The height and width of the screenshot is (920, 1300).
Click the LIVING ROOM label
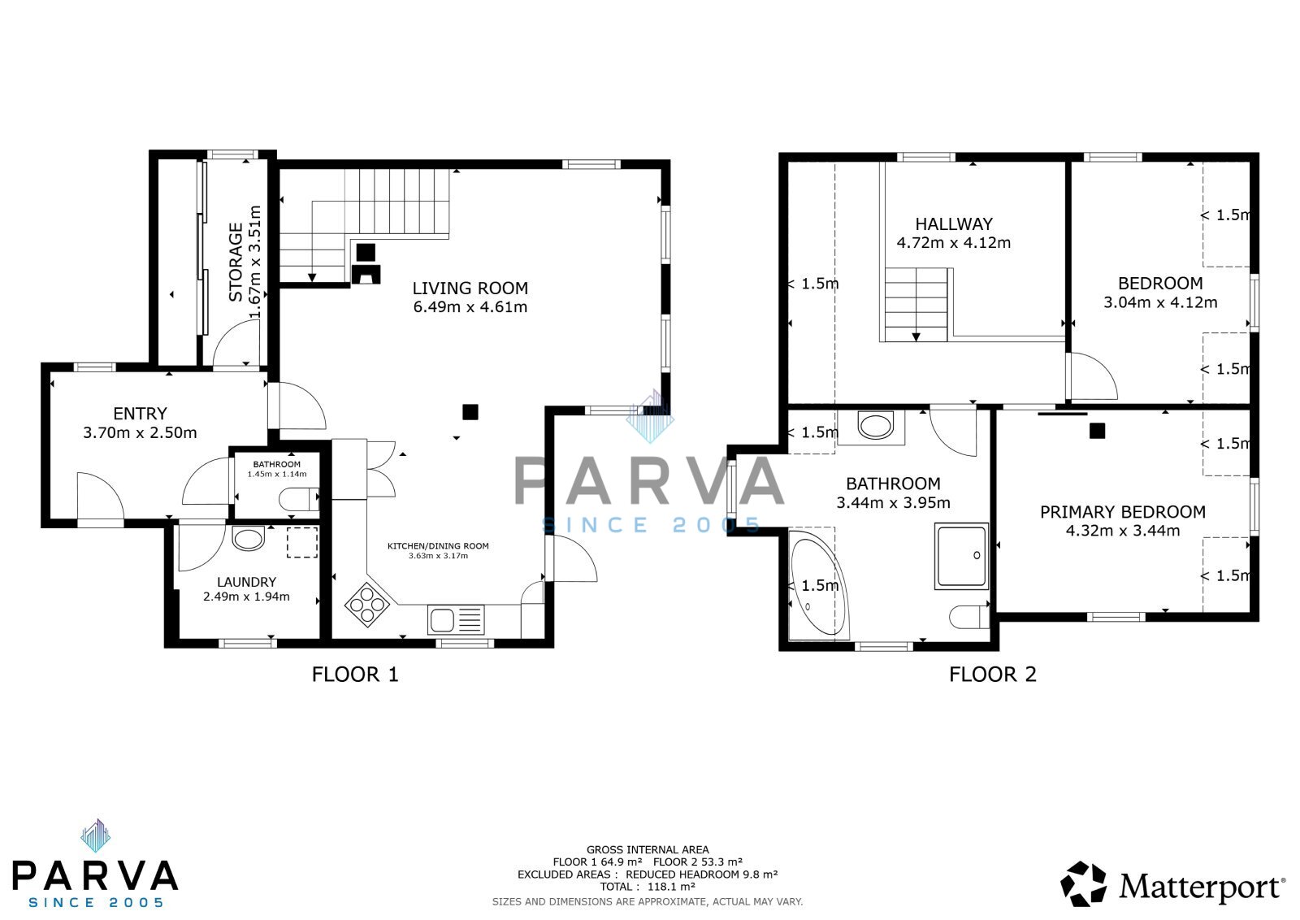(470, 288)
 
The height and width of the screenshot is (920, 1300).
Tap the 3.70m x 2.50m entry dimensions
(140, 432)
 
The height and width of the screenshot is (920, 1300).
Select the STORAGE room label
(236, 263)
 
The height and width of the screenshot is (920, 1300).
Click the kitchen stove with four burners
(366, 605)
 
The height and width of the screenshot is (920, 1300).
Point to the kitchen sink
(456, 620)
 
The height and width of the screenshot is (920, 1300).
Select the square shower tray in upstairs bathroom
(962, 556)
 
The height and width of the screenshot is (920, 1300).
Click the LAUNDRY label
(247, 582)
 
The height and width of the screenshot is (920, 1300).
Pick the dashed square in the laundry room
(302, 542)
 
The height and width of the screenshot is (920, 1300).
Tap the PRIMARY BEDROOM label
(1122, 512)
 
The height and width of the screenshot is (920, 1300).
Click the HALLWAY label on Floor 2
(954, 224)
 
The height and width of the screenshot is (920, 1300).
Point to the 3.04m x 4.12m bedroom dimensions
(1160, 302)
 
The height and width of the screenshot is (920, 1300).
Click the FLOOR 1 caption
(355, 675)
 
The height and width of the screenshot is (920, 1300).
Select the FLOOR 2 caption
(992, 675)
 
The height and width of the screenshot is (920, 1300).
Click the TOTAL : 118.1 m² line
(648, 887)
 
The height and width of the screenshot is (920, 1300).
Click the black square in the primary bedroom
(1097, 431)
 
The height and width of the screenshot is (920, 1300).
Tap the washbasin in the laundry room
(249, 538)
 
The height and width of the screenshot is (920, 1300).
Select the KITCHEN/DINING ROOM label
(438, 545)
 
